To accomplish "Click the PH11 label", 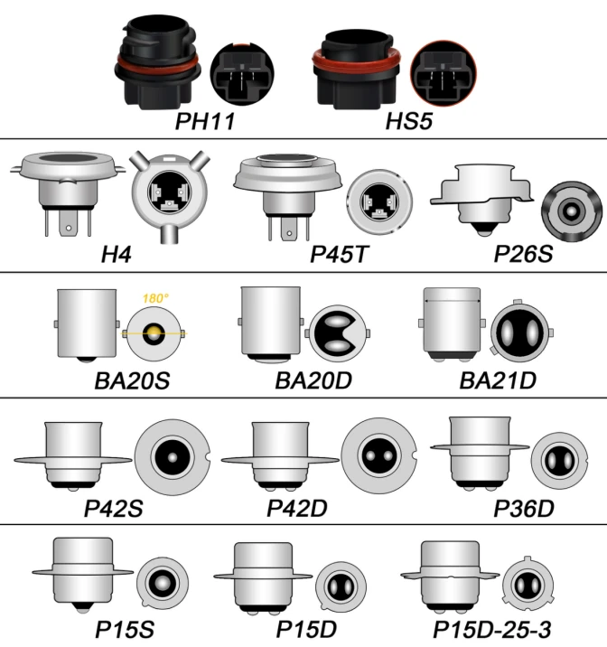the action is point(205,121).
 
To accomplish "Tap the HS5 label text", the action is point(408,121).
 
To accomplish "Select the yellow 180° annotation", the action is point(155,298).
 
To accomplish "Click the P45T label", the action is point(339,254).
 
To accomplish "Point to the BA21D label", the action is point(498,380).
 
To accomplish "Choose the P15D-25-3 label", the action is point(491,629).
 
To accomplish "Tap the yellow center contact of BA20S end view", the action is point(154,333).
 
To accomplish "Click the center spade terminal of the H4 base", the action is point(69,226).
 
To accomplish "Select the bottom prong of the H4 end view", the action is point(169,234).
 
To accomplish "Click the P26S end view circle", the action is point(571,211).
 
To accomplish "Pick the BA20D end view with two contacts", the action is point(338,333).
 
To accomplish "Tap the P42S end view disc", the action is point(173,457).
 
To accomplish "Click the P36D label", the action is point(523,508).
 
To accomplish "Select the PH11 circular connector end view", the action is point(242,73).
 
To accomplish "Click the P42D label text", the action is point(296,508).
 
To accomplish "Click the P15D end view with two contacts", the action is point(341,586).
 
